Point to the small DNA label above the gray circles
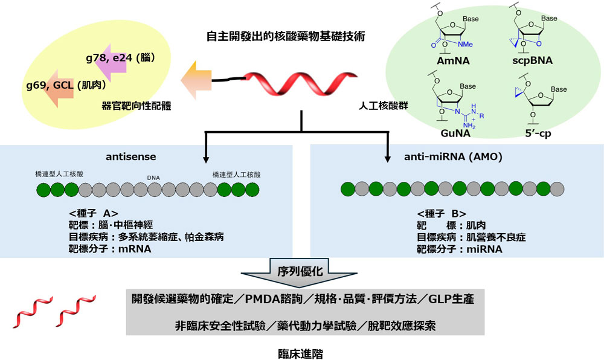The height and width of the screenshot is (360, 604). (153, 178)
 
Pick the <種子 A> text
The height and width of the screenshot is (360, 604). (94, 213)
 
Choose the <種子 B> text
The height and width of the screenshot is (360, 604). (441, 213)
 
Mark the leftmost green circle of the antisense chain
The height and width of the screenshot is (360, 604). (44, 190)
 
